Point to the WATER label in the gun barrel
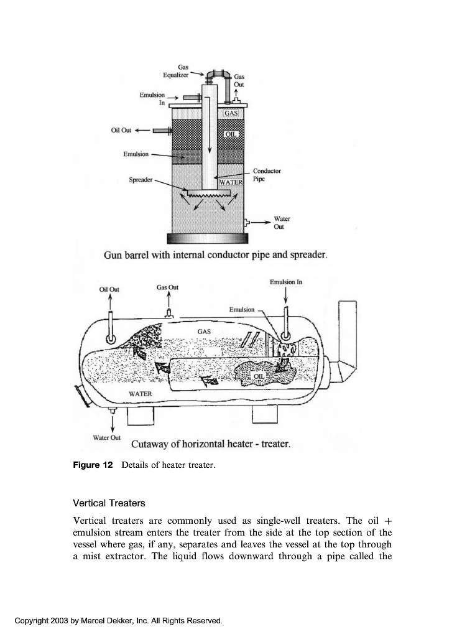pyautogui.click(x=229, y=182)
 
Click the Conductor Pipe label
pyautogui.click(x=267, y=174)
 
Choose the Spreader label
pyautogui.click(x=141, y=180)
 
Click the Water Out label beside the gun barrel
pyautogui.click(x=282, y=223)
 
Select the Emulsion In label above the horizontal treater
pyautogui.click(x=286, y=282)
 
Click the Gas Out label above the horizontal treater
pyautogui.click(x=167, y=287)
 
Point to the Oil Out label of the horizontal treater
pyautogui.click(x=109, y=289)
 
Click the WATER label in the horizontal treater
pyautogui.click(x=140, y=394)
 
